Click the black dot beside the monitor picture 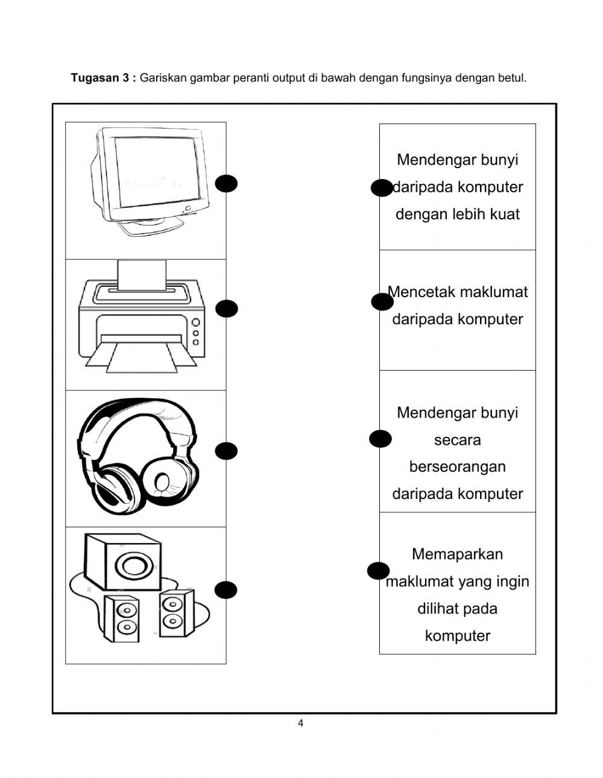[x=227, y=184]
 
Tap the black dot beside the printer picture [x=227, y=309]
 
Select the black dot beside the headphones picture [x=227, y=451]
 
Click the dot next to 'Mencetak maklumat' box [x=382, y=302]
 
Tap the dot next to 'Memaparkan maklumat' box [x=379, y=571]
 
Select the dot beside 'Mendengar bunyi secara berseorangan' [x=380, y=439]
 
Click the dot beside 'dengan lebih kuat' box [x=382, y=188]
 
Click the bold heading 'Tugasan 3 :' [x=104, y=78]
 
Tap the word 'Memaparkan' [x=457, y=554]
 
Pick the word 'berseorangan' [x=457, y=467]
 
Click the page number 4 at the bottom [x=300, y=724]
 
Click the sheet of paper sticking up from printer [x=142, y=274]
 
